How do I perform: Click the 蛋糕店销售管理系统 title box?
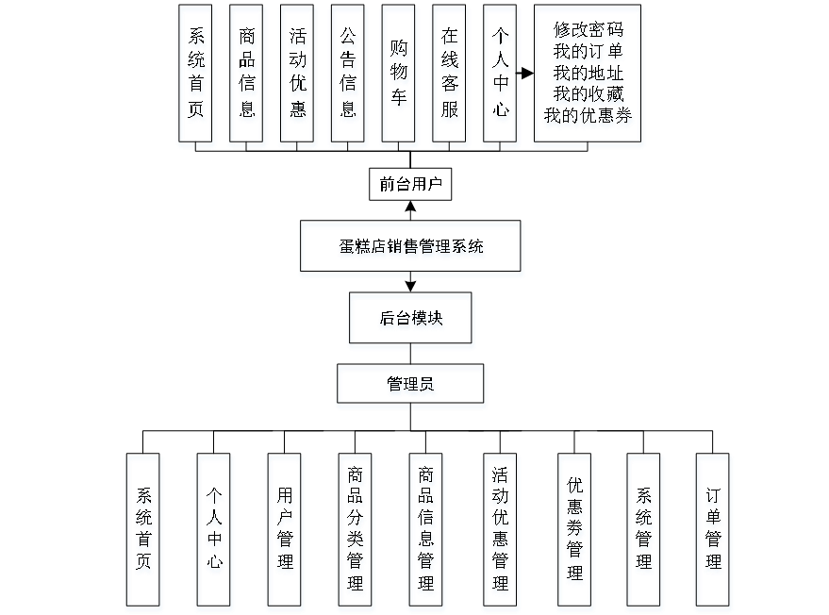pos(411,249)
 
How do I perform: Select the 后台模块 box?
pos(411,321)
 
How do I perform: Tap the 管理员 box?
pos(411,386)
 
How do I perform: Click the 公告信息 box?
pos(349,75)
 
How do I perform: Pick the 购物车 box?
pos(400,75)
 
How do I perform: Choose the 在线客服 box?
pos(451,75)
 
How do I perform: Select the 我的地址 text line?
pos(589,74)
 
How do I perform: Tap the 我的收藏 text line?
pos(589,95)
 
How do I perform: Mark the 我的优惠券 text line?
pos(589,117)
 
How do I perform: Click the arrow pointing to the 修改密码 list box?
pos(525,72)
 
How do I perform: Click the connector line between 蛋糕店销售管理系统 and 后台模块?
pos(411,285)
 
